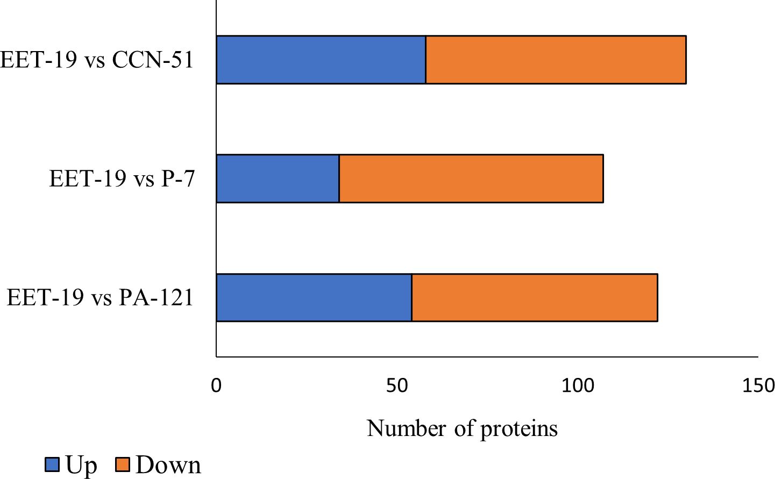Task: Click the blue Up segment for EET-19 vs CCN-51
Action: click(321, 60)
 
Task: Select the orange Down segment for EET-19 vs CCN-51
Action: click(556, 60)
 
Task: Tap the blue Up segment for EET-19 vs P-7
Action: click(278, 178)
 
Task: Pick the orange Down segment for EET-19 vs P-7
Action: click(471, 178)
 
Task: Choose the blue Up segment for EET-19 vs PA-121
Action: click(314, 298)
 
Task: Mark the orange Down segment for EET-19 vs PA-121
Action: click(535, 298)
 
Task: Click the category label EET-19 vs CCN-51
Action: click(97, 60)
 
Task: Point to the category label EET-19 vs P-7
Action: click(122, 178)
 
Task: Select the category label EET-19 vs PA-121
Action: click(100, 297)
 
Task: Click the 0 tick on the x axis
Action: click(216, 385)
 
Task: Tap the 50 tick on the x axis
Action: click(397, 385)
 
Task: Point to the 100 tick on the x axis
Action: click(578, 385)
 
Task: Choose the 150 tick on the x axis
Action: click(758, 385)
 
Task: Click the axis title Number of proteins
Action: click(462, 428)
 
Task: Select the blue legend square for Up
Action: click(52, 464)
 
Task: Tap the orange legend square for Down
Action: click(123, 464)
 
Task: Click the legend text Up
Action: click(81, 465)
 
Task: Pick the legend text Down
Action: click(168, 464)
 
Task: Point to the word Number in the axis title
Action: click(407, 428)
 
